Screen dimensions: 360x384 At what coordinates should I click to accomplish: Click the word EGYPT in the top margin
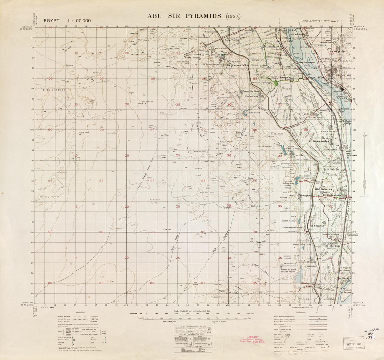tap(52, 21)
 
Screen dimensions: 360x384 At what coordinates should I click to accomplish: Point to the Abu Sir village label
tap(298, 155)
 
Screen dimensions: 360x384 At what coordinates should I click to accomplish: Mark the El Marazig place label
tap(332, 246)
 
